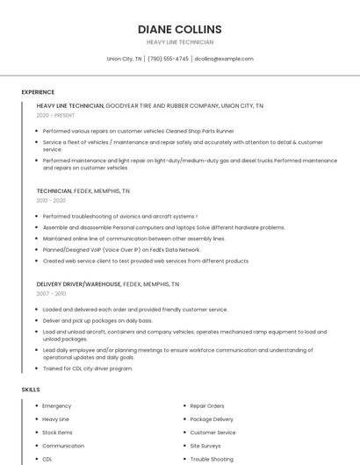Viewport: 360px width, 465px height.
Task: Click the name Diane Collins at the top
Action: pyautogui.click(x=180, y=29)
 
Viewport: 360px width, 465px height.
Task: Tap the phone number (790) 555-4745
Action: pyautogui.click(x=169, y=59)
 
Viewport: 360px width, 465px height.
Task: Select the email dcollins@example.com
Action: pyautogui.click(x=224, y=59)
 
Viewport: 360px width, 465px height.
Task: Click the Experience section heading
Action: pyautogui.click(x=38, y=92)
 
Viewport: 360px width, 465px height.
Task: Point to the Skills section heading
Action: pyautogui.click(x=31, y=389)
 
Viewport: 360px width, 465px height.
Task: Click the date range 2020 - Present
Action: pyautogui.click(x=55, y=115)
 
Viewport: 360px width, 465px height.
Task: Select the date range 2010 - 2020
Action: pyautogui.click(x=51, y=200)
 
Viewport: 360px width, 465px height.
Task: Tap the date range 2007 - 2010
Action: pyautogui.click(x=51, y=294)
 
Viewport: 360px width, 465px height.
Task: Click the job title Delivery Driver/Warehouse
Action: pyautogui.click(x=79, y=284)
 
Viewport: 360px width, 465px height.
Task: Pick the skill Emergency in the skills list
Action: pyautogui.click(x=57, y=406)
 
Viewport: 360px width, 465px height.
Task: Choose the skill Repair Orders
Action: pyautogui.click(x=207, y=406)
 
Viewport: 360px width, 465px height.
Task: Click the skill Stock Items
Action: pyautogui.click(x=58, y=433)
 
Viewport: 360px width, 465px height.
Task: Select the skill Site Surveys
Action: pyautogui.click(x=206, y=446)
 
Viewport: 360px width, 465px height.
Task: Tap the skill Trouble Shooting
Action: pyautogui.click(x=212, y=459)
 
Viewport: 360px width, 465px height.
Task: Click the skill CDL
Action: pyautogui.click(x=47, y=459)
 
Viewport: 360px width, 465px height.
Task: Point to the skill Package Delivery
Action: pyautogui.click(x=212, y=419)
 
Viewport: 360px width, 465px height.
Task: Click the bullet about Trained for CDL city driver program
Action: pyautogui.click(x=88, y=368)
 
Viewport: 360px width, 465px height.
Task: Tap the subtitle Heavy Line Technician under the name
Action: pyautogui.click(x=180, y=42)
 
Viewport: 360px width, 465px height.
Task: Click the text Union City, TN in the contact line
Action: pyautogui.click(x=124, y=59)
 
